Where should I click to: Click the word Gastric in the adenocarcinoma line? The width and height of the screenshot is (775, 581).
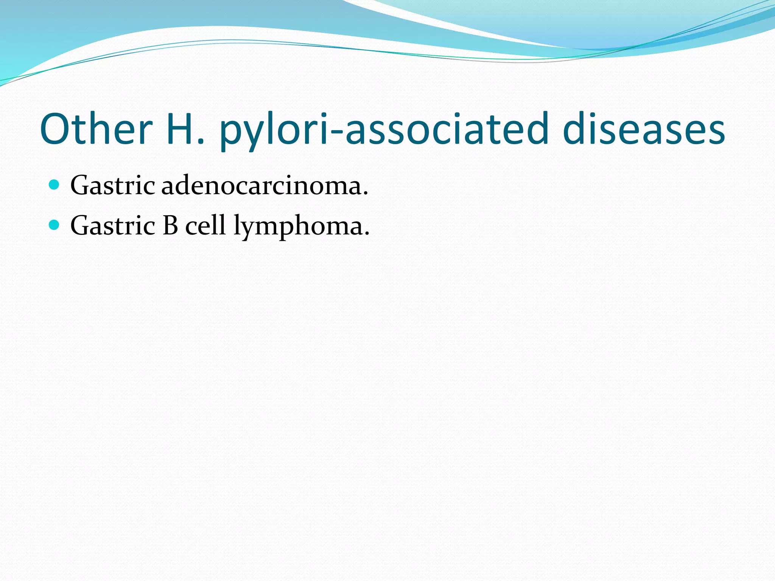(x=112, y=186)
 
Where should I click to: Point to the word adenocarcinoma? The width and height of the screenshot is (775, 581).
(x=261, y=186)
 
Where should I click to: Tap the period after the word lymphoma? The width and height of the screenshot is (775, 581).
(x=366, y=234)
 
